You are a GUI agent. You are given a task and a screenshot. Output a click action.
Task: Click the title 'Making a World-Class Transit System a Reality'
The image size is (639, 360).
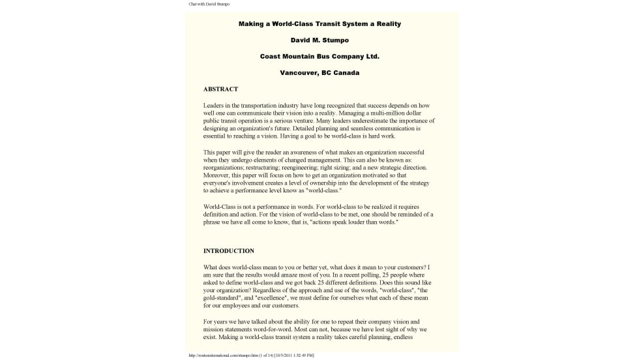(x=319, y=24)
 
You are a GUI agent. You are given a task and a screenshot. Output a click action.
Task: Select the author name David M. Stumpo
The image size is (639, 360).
(x=319, y=40)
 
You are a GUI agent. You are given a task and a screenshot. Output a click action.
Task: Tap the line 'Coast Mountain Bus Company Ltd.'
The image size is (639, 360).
(x=319, y=56)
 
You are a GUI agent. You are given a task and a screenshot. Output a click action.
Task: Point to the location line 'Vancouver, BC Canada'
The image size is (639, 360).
(x=319, y=72)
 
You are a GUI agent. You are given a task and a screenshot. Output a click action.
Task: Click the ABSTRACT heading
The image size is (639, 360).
(x=220, y=89)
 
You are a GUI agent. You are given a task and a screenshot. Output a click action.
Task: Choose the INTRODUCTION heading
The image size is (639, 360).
(x=229, y=250)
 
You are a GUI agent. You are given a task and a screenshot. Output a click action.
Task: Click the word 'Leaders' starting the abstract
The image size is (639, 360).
(x=213, y=105)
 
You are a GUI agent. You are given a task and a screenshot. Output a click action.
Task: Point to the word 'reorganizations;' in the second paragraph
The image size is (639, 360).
(x=225, y=168)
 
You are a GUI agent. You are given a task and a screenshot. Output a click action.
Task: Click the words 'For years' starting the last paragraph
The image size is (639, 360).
(x=215, y=322)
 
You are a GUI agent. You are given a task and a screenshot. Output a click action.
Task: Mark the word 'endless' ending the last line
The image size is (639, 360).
(x=418, y=337)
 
